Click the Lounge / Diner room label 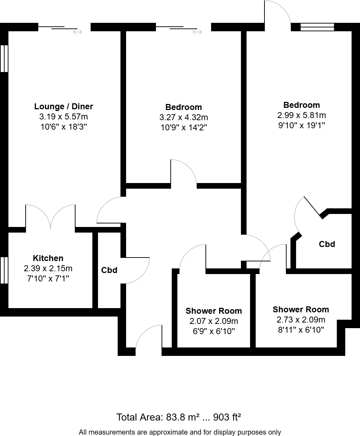point(64,106)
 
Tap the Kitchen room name point(48,258)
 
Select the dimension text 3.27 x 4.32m point(184,117)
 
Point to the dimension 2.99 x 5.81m point(301,115)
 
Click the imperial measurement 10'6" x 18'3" point(64,127)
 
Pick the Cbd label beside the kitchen point(109,270)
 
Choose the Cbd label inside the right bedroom point(327,244)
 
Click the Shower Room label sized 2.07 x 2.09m point(214,311)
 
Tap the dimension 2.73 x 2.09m point(301,320)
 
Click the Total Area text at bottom point(178,417)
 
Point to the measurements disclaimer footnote point(180,432)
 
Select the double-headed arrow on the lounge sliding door point(78,32)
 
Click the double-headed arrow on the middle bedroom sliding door point(197,32)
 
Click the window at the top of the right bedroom point(317,27)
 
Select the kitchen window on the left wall point(4,270)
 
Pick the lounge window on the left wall point(4,58)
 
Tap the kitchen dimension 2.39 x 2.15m point(48,269)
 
